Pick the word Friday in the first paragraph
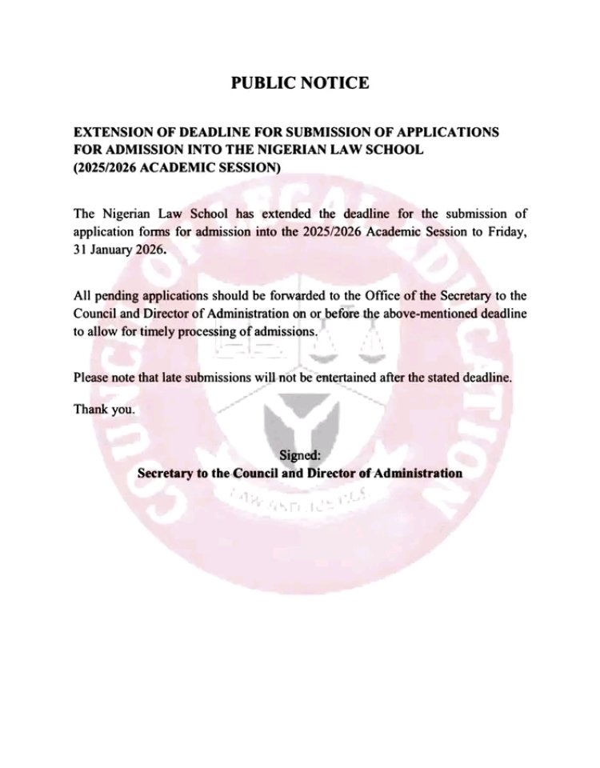[x=506, y=232]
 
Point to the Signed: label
[x=300, y=455]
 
